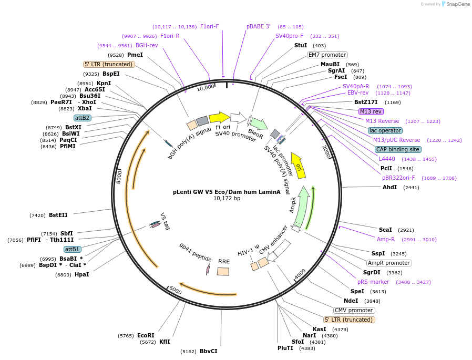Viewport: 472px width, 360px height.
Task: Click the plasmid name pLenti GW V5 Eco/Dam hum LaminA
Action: pyautogui.click(x=227, y=192)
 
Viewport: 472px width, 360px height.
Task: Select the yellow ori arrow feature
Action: pyautogui.click(x=298, y=163)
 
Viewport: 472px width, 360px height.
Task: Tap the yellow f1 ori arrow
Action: pyautogui.click(x=219, y=118)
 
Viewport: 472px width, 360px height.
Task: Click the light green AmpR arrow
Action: pyautogui.click(x=301, y=207)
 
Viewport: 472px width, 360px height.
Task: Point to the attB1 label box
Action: pyautogui.click(x=73, y=249)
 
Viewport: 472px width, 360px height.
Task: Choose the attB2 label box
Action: pyautogui.click(x=83, y=118)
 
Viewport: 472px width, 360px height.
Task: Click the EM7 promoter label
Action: pyautogui.click(x=327, y=55)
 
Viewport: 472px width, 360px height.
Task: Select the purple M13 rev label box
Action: pyautogui.click(x=371, y=111)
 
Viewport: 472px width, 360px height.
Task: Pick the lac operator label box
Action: pyautogui.click(x=385, y=130)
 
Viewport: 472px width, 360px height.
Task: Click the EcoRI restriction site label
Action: pyautogui.click(x=146, y=335)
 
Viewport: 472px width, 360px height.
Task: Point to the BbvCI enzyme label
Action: pyautogui.click(x=208, y=351)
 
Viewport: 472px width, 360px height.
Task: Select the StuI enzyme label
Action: pyautogui.click(x=301, y=46)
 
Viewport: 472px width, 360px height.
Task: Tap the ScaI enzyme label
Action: pyautogui.click(x=385, y=230)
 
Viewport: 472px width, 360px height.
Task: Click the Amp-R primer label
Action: pyautogui.click(x=385, y=239)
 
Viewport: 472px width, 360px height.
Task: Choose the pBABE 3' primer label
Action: pyautogui.click(x=258, y=26)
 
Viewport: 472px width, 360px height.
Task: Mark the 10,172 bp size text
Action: pyautogui.click(x=227, y=199)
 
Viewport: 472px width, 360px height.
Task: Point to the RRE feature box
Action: pyautogui.click(x=223, y=271)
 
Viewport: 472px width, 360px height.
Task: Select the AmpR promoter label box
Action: pyautogui.click(x=389, y=263)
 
